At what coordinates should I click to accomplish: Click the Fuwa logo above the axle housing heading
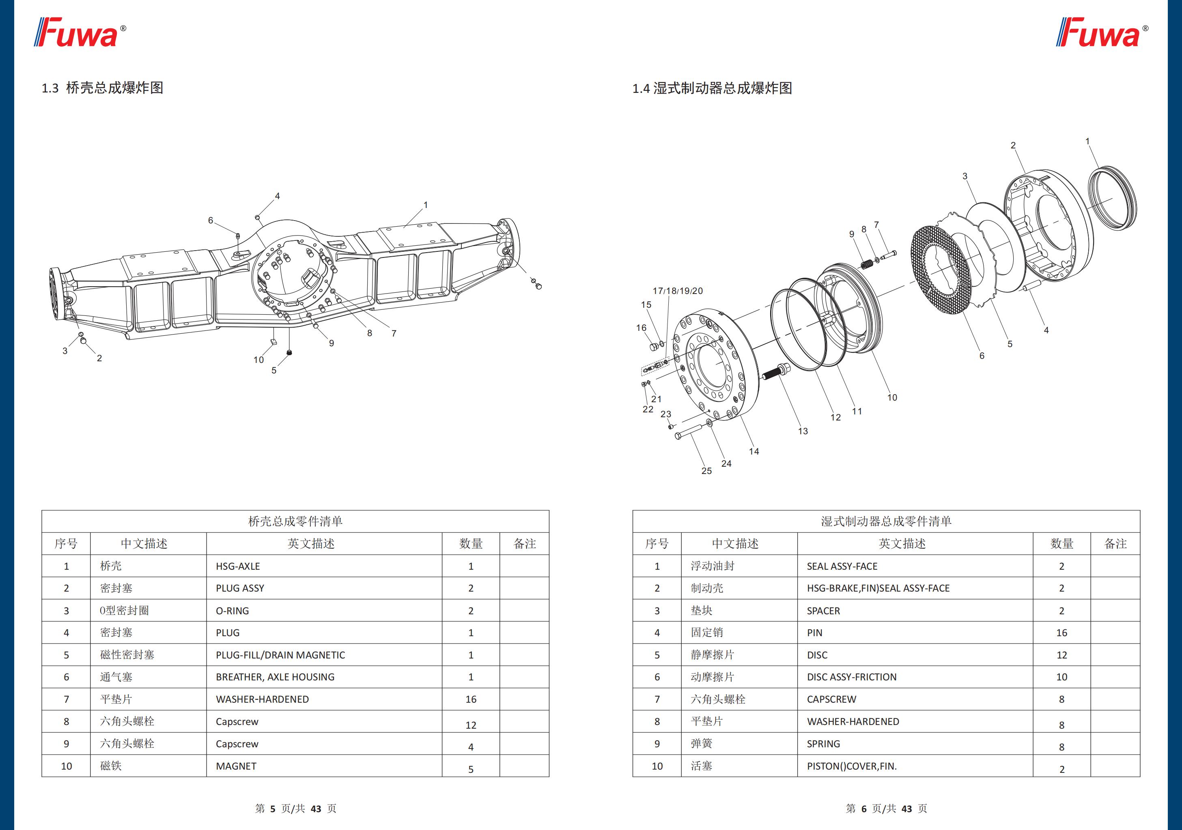click(x=80, y=32)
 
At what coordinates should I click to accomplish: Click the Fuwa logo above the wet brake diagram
click(x=1102, y=32)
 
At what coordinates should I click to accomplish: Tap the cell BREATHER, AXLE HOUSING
click(x=275, y=677)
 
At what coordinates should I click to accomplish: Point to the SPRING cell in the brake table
click(x=823, y=744)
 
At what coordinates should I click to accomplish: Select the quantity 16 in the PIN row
click(x=1061, y=633)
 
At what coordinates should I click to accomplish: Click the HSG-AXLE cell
click(x=238, y=566)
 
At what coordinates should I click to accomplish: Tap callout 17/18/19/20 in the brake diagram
click(x=678, y=291)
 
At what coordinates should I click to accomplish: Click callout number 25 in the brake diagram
click(x=706, y=471)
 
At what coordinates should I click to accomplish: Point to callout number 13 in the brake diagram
click(x=803, y=431)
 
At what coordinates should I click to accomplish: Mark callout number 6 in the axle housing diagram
click(x=211, y=220)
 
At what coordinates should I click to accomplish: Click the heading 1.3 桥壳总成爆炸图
click(x=102, y=88)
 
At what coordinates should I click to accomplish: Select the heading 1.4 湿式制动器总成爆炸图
click(x=712, y=88)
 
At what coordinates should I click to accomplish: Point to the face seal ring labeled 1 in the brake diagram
click(x=1112, y=198)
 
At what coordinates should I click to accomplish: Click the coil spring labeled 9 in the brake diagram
click(x=866, y=264)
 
